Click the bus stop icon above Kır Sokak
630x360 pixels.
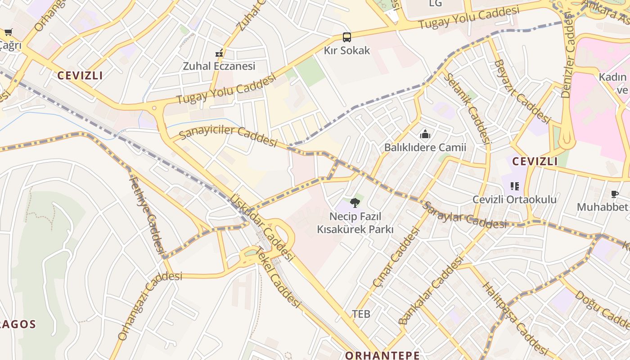pos(346,37)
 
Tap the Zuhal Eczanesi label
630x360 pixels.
pos(219,66)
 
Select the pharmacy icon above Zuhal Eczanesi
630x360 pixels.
pos(219,54)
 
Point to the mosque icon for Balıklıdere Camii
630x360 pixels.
pos(425,134)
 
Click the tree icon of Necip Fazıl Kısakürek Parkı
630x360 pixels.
pos(355,202)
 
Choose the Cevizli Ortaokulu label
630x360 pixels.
pos(514,199)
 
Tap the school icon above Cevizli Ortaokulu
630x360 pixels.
pos(515,186)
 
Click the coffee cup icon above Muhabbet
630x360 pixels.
pos(614,194)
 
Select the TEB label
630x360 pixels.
pos(361,314)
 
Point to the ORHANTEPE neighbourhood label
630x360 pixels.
pos(382,355)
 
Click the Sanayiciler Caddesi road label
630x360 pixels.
pos(228,136)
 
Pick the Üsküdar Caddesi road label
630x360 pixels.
pos(261,228)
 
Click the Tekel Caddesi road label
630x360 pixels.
pos(278,278)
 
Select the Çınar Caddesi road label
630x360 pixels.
pos(396,257)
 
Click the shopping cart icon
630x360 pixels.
pos(8,32)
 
